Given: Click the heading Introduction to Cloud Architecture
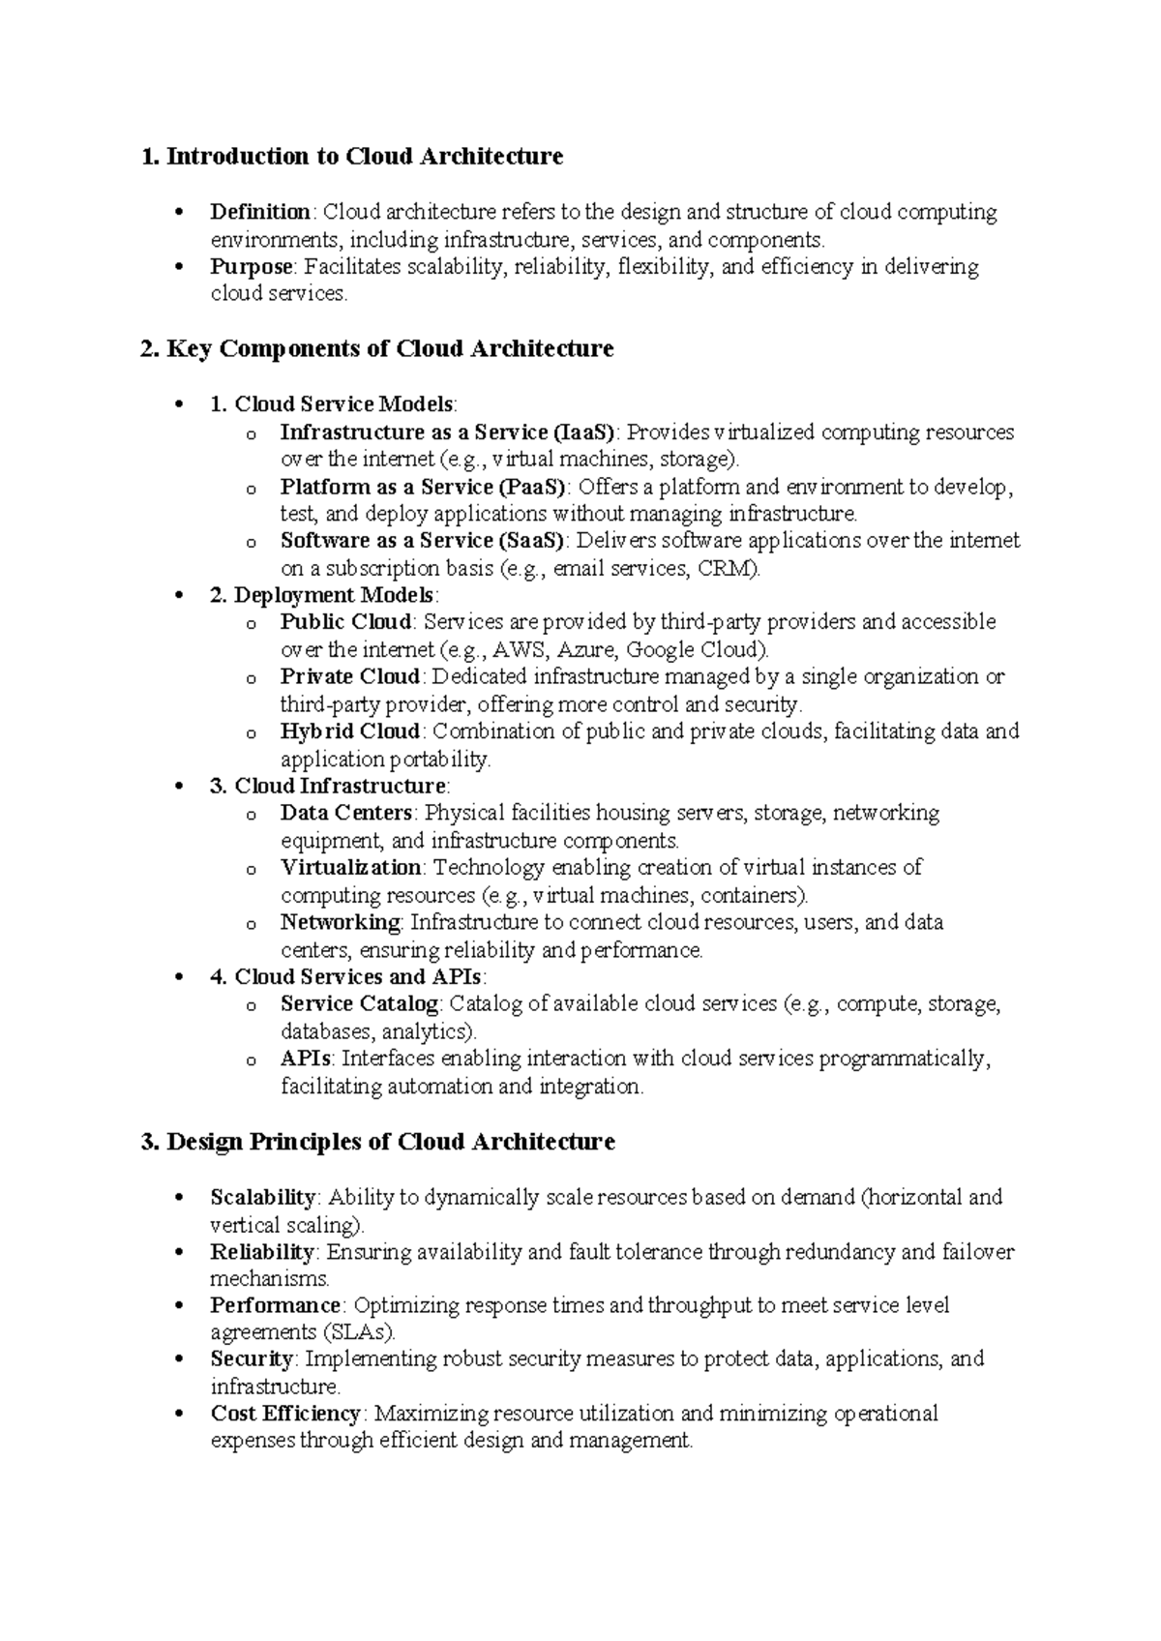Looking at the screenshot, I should (352, 156).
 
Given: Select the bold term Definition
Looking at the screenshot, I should (259, 212).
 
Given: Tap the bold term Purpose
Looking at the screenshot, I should (251, 266).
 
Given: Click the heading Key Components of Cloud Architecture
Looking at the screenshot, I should (377, 348).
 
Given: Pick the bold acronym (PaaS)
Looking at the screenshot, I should (534, 487).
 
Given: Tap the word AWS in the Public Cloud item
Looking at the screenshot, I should (515, 649).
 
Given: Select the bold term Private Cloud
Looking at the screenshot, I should (350, 676).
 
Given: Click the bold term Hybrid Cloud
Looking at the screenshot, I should (350, 731).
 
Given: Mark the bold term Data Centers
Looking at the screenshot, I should (346, 813).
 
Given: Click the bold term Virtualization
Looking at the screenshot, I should (351, 867).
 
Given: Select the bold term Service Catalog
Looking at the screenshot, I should (360, 1003).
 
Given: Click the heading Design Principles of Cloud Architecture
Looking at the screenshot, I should (378, 1142).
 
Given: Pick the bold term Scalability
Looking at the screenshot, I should (262, 1197).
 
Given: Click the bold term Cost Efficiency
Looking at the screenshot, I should (285, 1414).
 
